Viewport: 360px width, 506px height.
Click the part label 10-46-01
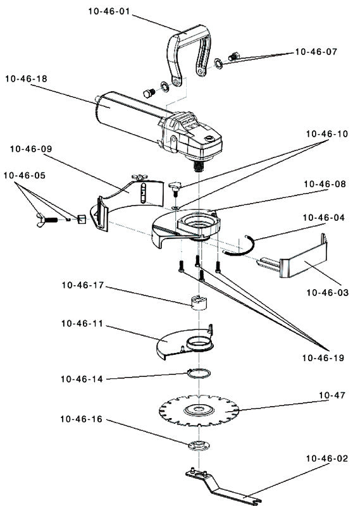point(109,11)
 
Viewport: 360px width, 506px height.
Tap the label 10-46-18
point(26,78)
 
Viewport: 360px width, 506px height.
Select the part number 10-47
point(332,395)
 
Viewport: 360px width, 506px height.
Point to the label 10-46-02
point(327,459)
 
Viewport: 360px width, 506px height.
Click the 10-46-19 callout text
point(323,358)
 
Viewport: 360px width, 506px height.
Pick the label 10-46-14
point(82,379)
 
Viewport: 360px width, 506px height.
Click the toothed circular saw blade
point(199,410)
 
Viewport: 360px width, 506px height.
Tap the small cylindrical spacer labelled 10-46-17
point(199,302)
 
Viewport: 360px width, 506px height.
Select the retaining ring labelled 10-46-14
point(199,373)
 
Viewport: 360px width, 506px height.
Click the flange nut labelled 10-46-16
point(199,445)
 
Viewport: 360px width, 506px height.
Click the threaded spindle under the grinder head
point(199,166)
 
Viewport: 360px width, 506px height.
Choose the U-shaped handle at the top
point(189,52)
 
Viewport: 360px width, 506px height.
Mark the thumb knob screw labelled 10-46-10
point(175,188)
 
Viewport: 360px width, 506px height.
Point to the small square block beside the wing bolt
point(82,219)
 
